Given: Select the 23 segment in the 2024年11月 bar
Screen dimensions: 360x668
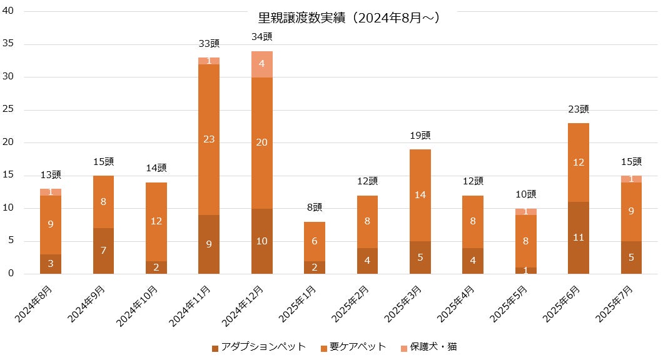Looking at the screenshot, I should [209, 139].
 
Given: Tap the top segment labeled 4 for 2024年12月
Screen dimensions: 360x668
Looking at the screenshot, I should [262, 64].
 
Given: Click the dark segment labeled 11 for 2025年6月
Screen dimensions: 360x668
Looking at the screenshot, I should [579, 237].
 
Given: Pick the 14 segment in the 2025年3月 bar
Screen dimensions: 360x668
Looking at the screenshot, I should [420, 195].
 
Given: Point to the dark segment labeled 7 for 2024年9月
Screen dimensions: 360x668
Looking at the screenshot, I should [103, 251].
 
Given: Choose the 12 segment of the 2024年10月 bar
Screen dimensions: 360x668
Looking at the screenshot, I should [156, 221].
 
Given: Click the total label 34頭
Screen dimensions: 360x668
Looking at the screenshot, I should [262, 37].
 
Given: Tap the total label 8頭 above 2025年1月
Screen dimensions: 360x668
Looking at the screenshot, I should [315, 207].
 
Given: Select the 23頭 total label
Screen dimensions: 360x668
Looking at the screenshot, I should [579, 109].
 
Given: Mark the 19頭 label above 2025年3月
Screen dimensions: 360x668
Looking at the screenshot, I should [420, 136].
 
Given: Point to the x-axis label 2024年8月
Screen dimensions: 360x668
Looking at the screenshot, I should [35, 305].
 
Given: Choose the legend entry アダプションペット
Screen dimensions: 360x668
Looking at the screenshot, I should [258, 347].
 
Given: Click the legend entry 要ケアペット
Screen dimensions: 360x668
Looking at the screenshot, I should [353, 347].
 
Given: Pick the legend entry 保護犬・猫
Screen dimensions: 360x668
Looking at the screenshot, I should [432, 347].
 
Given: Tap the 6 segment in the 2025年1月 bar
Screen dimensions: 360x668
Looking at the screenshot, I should [315, 241].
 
